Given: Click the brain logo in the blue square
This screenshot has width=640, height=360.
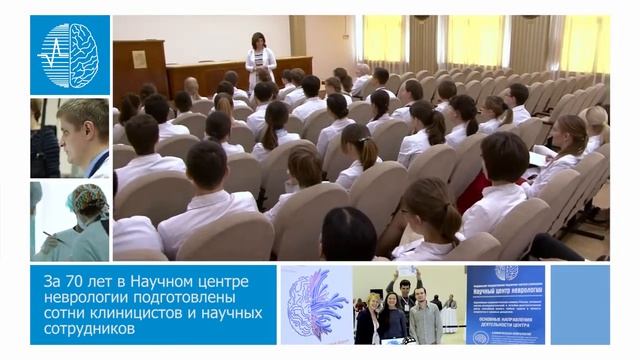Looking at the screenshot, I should point(70,55).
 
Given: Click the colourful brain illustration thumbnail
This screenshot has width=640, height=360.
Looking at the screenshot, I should point(315,304).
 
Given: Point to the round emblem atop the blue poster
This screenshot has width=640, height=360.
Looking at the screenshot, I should point(506,273).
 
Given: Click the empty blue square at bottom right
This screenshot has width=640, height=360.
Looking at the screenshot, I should point(580,304).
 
